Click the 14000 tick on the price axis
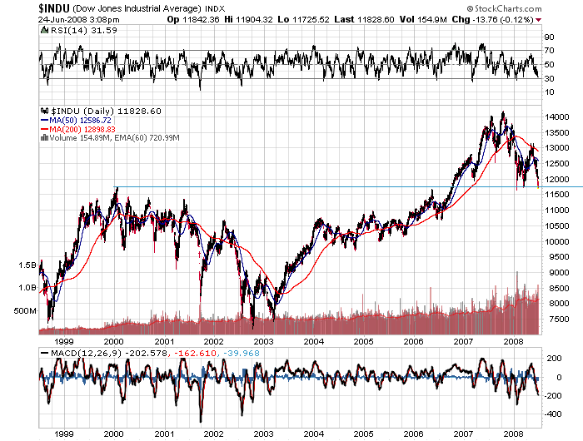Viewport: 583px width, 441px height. [556, 117]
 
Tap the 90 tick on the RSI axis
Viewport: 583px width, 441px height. [549, 37]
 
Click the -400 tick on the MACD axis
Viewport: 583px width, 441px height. [553, 414]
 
